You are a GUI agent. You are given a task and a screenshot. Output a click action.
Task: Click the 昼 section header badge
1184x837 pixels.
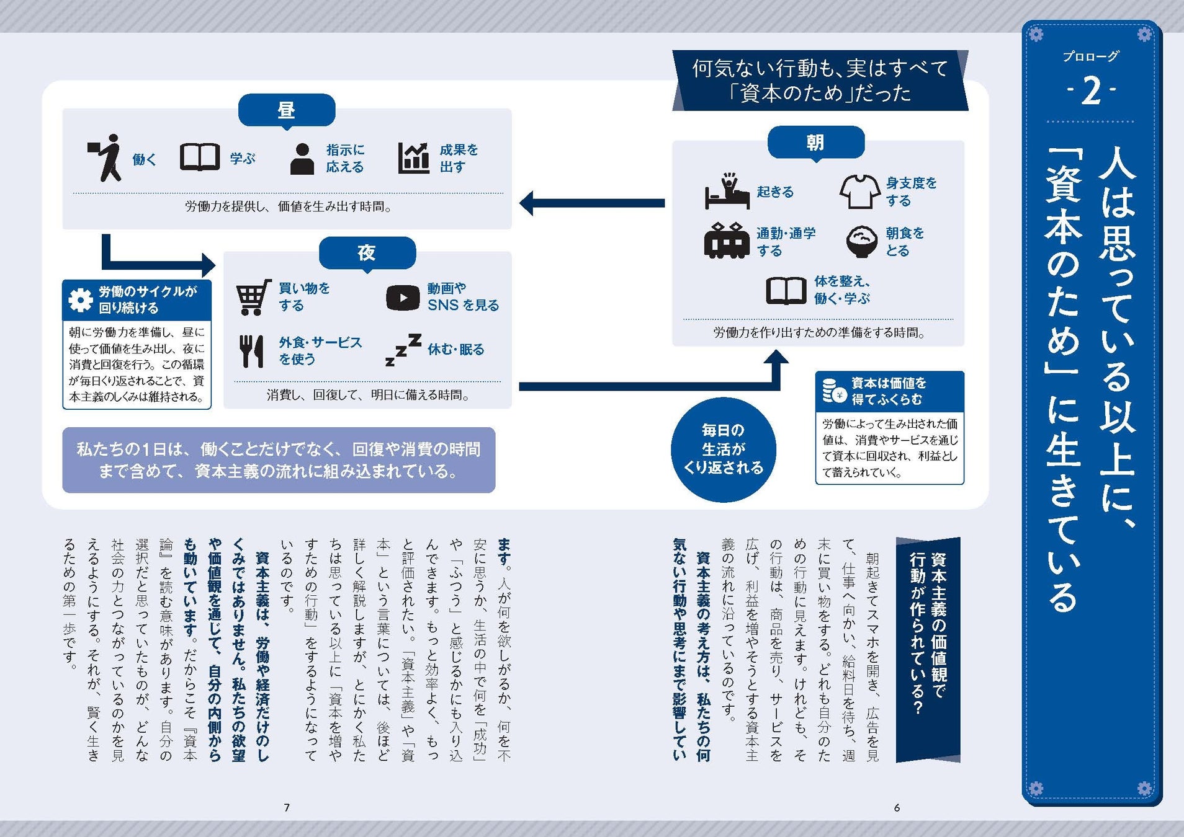click(287, 110)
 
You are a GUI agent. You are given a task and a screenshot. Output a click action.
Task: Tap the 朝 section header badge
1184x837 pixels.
click(816, 143)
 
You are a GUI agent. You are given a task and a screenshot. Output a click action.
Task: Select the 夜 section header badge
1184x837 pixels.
click(367, 253)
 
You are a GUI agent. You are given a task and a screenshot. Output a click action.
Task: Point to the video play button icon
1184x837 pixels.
click(403, 298)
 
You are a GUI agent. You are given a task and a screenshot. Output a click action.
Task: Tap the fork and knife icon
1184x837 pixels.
click(251, 351)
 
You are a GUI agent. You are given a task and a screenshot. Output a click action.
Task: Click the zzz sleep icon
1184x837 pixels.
click(403, 349)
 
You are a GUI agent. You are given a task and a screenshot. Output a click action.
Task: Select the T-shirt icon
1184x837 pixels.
click(859, 191)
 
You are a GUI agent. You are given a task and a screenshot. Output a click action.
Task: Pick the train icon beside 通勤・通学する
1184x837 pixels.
click(727, 241)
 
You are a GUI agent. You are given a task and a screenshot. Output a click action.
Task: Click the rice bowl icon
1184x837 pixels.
click(862, 242)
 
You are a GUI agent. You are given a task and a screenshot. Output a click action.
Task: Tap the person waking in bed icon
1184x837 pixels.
click(727, 191)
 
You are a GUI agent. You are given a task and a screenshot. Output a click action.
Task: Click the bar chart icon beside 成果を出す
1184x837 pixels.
click(414, 158)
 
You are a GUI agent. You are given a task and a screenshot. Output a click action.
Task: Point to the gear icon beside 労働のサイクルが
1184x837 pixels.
click(81, 299)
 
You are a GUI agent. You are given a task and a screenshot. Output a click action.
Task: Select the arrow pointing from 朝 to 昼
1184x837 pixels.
click(592, 203)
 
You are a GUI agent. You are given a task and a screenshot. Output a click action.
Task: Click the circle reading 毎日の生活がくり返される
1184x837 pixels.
click(724, 449)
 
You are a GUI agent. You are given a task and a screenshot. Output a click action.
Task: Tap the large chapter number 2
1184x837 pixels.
click(1092, 92)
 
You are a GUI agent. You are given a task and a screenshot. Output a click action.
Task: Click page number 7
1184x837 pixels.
click(287, 807)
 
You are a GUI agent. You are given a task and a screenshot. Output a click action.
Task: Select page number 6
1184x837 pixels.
click(897, 807)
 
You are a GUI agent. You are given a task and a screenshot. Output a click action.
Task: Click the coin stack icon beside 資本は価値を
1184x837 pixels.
click(834, 391)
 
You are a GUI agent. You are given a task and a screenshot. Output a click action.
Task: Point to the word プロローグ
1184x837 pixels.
click(1091, 56)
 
